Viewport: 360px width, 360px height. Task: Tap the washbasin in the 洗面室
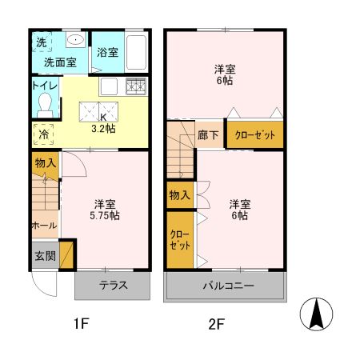coord(74,40)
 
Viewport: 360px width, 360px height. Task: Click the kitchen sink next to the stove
coord(110,86)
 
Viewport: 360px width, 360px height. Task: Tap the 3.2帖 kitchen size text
coord(103,126)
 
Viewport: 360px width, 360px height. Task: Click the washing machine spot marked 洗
coord(40,41)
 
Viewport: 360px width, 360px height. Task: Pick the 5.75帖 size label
coord(104,215)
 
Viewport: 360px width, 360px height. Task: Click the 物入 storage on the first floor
coord(45,163)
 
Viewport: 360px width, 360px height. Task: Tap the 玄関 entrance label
coord(45,256)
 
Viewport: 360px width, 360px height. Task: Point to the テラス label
coord(113,286)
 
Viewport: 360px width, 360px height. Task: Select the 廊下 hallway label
coord(209,135)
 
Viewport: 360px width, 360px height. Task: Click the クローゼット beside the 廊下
coord(255,135)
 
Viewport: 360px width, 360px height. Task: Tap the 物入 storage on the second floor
coord(179,194)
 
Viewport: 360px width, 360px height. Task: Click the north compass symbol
coord(318,314)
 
